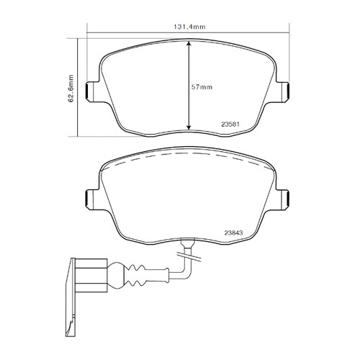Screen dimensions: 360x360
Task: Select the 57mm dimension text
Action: pos(203,87)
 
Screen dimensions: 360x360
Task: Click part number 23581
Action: pos(231,122)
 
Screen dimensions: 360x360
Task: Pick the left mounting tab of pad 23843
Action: pos(91,198)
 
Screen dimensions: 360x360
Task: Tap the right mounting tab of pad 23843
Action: pos(285,198)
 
